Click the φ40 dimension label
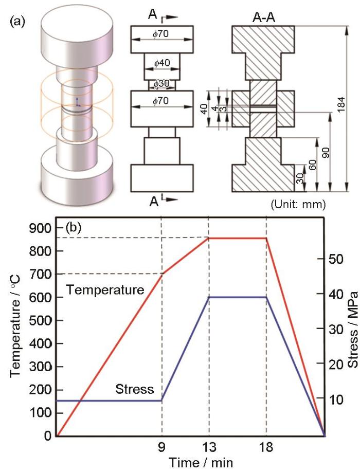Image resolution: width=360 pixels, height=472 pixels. [x=162, y=63]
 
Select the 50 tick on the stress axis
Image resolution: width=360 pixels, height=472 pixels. [x=338, y=259]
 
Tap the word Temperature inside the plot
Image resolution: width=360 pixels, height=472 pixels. [x=105, y=290]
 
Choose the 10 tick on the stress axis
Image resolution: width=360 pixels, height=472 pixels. [x=338, y=400]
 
